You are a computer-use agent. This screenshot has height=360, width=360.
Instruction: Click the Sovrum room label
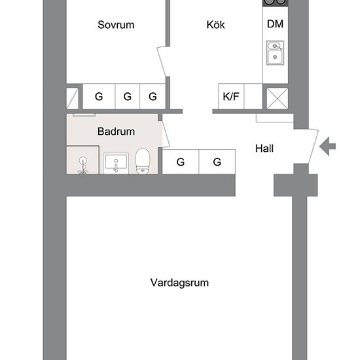116,25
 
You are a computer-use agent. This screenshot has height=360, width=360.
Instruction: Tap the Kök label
215,25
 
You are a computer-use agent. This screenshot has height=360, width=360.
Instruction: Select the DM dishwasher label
275,24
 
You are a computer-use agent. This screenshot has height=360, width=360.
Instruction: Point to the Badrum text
116,132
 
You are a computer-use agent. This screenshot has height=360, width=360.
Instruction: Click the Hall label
264,149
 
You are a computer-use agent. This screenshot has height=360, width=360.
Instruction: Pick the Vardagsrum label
179,283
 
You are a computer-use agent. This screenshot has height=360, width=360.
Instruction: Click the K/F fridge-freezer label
231,96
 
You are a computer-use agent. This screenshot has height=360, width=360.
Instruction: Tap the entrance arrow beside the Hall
328,146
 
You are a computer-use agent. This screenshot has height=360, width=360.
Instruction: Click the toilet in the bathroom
143,161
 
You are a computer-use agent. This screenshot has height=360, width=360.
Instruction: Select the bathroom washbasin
116,163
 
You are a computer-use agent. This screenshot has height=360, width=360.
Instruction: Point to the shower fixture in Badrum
82,166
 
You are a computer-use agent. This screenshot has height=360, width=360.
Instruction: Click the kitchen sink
275,53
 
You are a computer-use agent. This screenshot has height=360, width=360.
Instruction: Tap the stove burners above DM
276,3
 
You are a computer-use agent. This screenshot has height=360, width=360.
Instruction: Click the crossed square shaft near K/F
278,98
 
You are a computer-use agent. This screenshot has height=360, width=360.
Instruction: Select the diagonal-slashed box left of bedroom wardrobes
72,98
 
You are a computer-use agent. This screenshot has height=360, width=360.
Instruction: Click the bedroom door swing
162,62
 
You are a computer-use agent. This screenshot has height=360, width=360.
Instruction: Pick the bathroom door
166,134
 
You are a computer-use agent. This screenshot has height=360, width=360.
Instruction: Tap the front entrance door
313,147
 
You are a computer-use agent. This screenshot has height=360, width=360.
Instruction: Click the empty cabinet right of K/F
253,96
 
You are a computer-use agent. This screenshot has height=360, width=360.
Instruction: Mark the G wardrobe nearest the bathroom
181,162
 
